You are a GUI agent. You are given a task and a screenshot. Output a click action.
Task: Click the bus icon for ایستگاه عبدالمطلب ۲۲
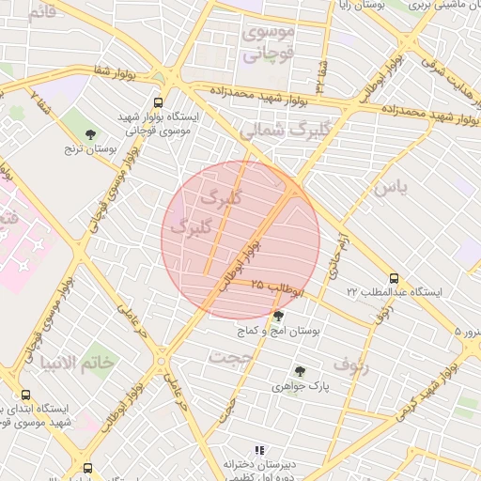[394, 278]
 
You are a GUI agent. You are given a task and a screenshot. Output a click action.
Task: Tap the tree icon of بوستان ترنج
[90, 134]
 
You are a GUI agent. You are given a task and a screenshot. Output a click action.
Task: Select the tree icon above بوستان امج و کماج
[277, 317]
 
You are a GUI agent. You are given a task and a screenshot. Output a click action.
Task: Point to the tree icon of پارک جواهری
[300, 372]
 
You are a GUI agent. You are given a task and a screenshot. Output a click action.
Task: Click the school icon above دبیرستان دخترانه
[259, 450]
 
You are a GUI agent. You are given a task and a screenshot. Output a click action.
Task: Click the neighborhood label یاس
[390, 188]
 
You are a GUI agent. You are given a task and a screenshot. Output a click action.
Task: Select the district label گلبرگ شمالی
[273, 131]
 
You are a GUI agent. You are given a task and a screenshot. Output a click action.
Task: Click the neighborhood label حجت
[225, 357]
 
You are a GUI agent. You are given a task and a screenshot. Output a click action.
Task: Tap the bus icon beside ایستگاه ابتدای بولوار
[24, 395]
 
